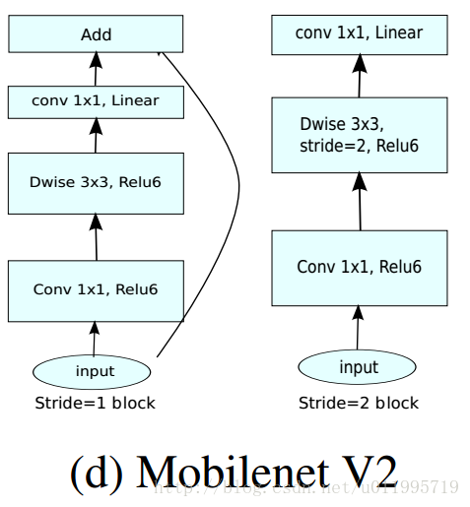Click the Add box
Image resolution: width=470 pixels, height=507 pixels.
click(96, 34)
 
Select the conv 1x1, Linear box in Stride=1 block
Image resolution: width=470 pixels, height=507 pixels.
click(96, 100)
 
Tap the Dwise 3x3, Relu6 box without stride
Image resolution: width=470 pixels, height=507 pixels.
click(96, 182)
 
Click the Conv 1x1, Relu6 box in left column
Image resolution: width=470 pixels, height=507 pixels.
click(96, 289)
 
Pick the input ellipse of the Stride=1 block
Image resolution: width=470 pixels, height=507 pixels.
click(95, 371)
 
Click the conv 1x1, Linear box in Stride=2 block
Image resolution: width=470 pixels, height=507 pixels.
click(359, 34)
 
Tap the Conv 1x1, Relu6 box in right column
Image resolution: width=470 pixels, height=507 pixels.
click(359, 267)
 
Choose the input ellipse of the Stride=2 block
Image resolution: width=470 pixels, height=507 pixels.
click(359, 367)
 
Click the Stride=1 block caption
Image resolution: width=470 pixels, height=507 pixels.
click(95, 403)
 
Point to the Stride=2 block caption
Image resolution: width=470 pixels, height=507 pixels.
click(359, 403)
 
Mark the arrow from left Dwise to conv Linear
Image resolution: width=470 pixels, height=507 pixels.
click(97, 136)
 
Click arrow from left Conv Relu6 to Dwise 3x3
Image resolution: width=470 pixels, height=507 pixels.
click(97, 236)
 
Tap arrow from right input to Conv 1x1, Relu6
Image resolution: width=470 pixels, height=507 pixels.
click(359, 326)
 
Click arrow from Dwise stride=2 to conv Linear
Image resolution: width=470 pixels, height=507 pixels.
click(359, 77)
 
